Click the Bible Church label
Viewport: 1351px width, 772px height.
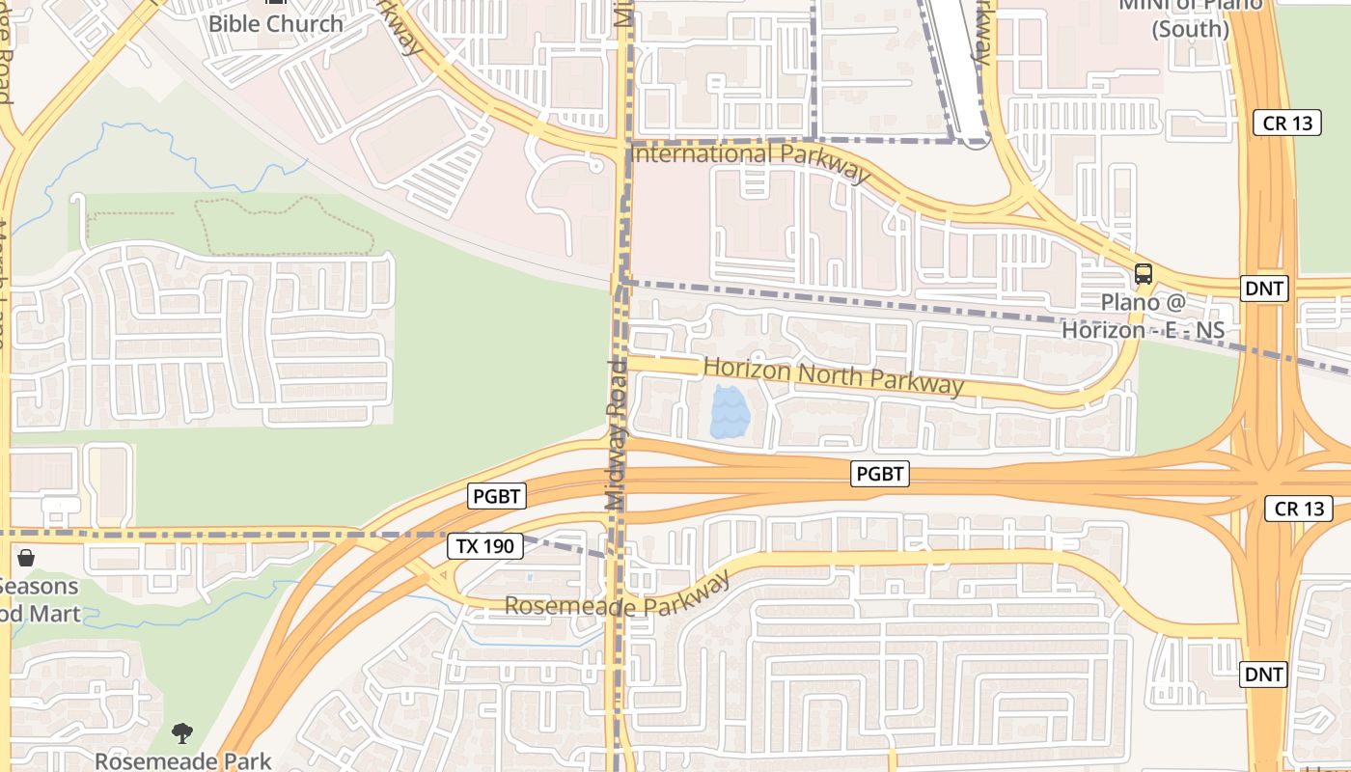[x=276, y=23]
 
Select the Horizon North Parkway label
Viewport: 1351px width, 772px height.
[x=833, y=374]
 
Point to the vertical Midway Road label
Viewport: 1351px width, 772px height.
[x=617, y=434]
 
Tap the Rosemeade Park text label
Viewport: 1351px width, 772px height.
[x=182, y=760]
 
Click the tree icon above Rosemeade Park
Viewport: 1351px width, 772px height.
[x=182, y=733]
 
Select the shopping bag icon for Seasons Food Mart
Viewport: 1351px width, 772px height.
[x=26, y=559]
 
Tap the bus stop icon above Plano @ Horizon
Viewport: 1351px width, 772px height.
[x=1144, y=274]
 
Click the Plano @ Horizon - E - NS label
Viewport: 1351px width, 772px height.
[x=1144, y=316]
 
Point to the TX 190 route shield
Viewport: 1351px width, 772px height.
[x=485, y=546]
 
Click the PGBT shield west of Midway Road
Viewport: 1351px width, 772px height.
[x=497, y=497]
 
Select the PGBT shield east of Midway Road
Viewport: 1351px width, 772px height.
[x=880, y=474]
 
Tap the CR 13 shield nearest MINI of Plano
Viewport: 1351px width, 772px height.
[x=1286, y=123]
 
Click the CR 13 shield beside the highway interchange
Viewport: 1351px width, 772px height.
[x=1299, y=509]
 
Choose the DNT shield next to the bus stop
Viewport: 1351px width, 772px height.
[x=1264, y=288]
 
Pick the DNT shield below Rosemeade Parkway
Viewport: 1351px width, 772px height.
[x=1264, y=674]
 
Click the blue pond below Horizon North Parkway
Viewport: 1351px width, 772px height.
[x=729, y=412]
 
